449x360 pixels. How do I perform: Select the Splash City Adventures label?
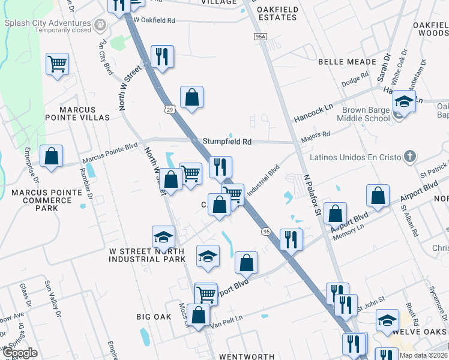point(48,23)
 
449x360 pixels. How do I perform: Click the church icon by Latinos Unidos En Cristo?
point(409,157)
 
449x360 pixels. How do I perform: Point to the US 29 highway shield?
point(170,109)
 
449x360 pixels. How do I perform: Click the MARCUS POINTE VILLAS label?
point(84,118)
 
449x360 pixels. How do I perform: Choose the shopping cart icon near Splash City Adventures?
point(57,63)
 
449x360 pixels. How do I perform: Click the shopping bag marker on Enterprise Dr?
point(52,156)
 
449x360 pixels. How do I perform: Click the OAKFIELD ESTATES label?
point(277,13)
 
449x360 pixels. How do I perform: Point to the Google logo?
point(19,353)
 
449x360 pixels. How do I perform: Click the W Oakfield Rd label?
point(155,20)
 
